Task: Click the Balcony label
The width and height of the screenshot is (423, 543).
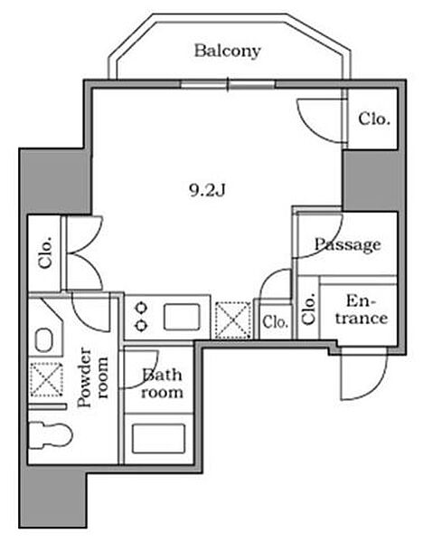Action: coord(227,52)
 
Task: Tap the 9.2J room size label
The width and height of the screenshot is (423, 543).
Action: coord(207,189)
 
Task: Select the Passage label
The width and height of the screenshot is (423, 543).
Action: coord(347,245)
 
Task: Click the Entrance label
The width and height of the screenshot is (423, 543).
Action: coord(361,310)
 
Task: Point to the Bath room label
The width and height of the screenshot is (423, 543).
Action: coord(162,384)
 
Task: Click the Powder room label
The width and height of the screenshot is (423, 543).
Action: coord(92,377)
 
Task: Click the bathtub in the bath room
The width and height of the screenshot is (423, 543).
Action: coord(158,438)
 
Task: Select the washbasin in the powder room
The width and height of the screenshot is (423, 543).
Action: coord(44,340)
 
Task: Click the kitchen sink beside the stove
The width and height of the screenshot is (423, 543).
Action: coord(182,317)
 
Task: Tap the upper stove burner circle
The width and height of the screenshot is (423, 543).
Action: coord(142,307)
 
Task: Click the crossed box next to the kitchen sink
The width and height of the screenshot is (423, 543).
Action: coord(233,320)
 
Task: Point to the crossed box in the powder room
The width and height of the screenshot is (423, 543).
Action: coord(47,379)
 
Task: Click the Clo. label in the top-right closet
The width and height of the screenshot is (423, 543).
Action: coord(374,119)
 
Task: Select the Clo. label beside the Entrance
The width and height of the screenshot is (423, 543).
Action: coord(308,309)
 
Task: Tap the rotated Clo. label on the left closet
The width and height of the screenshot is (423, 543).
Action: coord(45,252)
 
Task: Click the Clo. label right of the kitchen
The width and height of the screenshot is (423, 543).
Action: coord(275,322)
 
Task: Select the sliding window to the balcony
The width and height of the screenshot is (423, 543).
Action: coord(229,84)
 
